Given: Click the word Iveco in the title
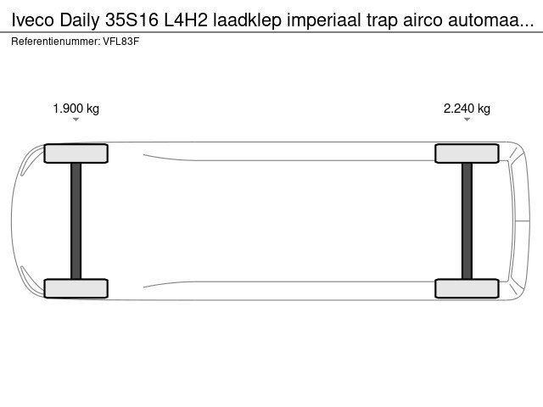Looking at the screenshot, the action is coord(33,20).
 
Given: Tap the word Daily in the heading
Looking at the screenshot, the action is coord(80,20).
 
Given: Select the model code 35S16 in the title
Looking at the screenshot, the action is coord(132,20).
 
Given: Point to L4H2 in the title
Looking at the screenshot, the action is coord(186,20).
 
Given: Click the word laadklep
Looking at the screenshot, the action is coord(247,20).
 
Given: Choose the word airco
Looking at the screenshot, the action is coord(423,20).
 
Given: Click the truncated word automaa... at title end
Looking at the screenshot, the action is coord(491,21).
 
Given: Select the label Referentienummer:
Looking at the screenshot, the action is coord(56,42).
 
